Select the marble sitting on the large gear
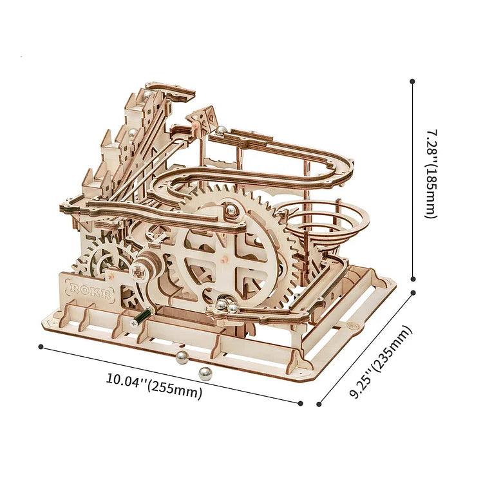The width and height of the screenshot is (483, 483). [x=230, y=208]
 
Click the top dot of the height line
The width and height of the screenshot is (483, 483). [x=412, y=82]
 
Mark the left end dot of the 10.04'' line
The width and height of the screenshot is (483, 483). [x=41, y=346]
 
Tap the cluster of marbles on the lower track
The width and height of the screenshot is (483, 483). [x=226, y=306]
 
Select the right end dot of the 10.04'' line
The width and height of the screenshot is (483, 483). [x=301, y=404]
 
